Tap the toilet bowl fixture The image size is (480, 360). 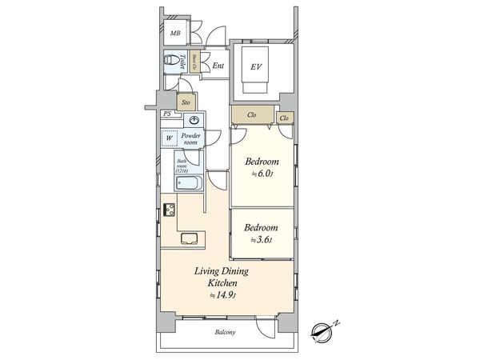click(x=171, y=62)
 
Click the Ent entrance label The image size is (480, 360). click(x=218, y=66)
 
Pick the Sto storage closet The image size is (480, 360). click(x=186, y=102)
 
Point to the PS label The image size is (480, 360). click(x=167, y=114)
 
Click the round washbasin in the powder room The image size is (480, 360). click(x=192, y=121)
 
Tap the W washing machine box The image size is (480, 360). click(x=169, y=138)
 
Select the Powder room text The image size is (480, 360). click(x=191, y=138)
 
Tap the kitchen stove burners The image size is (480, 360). click(x=170, y=211)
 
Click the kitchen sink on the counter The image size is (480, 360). click(x=192, y=237)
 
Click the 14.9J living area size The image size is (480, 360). click(x=220, y=295)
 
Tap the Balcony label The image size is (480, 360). click(x=226, y=333)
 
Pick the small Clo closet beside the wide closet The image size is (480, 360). click(x=285, y=118)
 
